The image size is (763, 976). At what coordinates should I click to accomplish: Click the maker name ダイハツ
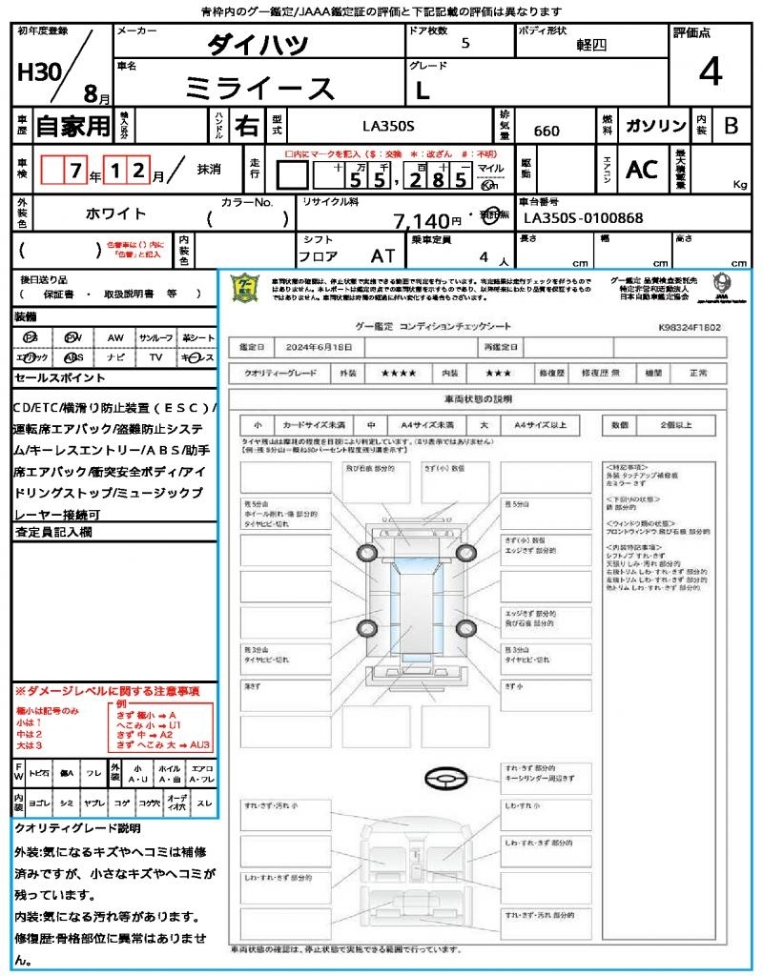tap(258, 44)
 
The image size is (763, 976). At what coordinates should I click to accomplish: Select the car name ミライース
tap(259, 88)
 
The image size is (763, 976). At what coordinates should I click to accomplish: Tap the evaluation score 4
tap(709, 72)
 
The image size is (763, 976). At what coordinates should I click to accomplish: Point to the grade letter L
tap(423, 90)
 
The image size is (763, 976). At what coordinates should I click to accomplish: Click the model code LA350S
tap(388, 125)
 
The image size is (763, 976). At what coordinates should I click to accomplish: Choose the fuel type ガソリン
tap(654, 126)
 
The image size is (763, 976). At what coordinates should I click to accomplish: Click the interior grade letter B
tap(731, 126)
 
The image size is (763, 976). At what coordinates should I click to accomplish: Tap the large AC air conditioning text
tap(642, 169)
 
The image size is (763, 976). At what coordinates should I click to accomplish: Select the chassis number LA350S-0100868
tap(584, 218)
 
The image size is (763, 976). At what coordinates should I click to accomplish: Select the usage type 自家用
tap(72, 125)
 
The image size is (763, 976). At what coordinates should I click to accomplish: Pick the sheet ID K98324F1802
tap(689, 327)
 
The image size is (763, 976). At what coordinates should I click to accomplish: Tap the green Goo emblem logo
tap(246, 288)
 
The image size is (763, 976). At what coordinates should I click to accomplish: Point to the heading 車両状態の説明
tap(477, 397)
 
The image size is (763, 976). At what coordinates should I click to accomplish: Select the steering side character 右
tap(248, 126)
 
